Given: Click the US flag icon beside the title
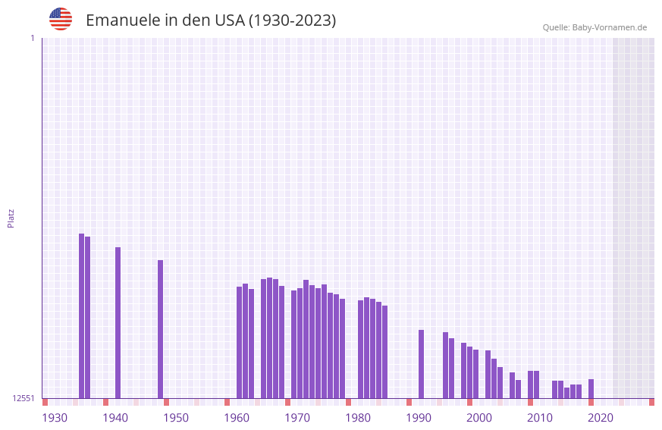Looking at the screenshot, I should (61, 19).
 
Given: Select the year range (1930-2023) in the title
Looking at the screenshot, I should (292, 20).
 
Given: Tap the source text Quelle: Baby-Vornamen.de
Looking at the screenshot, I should (595, 27).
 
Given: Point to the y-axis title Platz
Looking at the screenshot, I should (11, 218).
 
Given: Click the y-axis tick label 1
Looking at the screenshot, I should (32, 38).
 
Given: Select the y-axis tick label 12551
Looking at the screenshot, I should (24, 398).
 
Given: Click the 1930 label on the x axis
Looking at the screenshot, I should (55, 418).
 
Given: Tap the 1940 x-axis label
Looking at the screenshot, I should (115, 418).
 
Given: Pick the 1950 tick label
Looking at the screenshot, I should (176, 418).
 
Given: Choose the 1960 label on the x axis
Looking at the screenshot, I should (237, 418).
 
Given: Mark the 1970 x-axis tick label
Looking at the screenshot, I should (297, 418).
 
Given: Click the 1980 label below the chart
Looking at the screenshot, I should (358, 418).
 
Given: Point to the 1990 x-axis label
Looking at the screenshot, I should (419, 418).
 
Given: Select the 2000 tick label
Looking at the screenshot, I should (479, 418).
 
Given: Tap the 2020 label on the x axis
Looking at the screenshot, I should (601, 418).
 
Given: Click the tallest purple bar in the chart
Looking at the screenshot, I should (82, 315).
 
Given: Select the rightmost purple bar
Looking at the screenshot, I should (591, 388).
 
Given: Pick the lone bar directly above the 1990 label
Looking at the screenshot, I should (422, 364).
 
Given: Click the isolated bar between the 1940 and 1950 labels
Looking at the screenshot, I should (161, 329).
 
